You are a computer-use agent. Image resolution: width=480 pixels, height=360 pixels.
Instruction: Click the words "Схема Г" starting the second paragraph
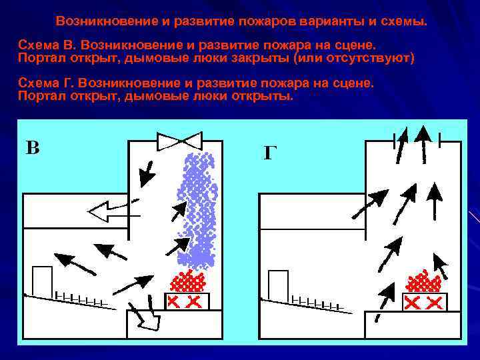point(46,85)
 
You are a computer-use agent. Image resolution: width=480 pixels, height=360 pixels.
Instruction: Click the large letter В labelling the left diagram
point(33,147)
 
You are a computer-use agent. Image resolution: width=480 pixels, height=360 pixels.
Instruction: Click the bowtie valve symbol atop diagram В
point(179,141)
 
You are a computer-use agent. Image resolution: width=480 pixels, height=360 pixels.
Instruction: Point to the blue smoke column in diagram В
point(199,207)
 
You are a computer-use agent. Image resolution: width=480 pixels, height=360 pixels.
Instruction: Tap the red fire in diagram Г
point(425,281)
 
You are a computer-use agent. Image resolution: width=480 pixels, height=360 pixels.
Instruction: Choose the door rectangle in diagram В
point(43,282)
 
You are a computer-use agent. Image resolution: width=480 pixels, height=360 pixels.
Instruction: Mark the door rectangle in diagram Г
point(277,285)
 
